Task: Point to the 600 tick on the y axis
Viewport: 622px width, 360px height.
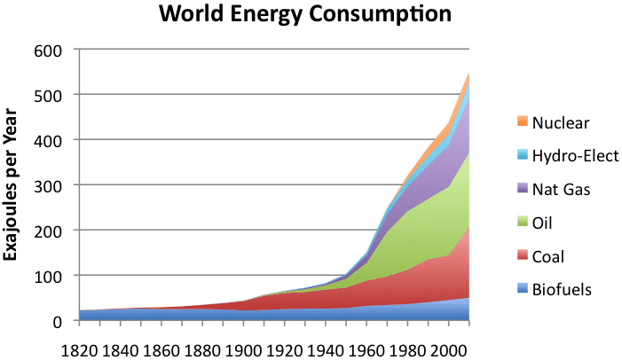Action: coord(48,50)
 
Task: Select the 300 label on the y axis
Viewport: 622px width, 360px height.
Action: coord(48,185)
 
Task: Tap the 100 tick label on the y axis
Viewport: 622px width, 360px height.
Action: coord(48,276)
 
